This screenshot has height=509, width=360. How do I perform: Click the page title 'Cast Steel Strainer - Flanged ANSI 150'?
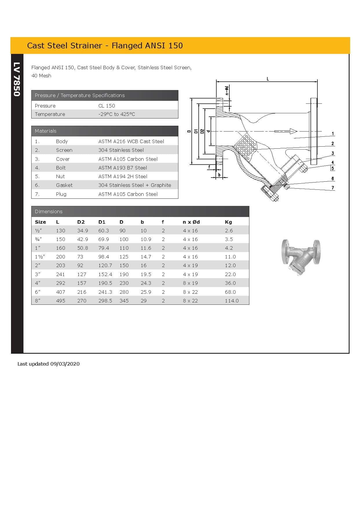pyautogui.click(x=105, y=46)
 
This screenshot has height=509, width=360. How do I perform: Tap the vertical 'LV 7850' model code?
pyautogui.click(x=17, y=79)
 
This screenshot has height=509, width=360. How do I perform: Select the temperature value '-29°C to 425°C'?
pyautogui.click(x=116, y=114)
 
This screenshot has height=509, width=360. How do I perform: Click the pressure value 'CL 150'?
pyautogui.click(x=107, y=106)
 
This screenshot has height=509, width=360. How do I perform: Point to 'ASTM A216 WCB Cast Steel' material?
pyautogui.click(x=131, y=141)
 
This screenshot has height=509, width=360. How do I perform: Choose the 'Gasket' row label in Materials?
pyautogui.click(x=64, y=185)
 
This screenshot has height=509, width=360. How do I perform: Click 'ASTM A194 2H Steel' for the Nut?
pyautogui.click(x=123, y=176)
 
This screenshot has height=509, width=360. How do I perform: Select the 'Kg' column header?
pyautogui.click(x=228, y=222)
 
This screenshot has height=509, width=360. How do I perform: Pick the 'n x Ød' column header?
pyautogui.click(x=191, y=222)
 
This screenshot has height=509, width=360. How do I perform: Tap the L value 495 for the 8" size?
pyautogui.click(x=61, y=301)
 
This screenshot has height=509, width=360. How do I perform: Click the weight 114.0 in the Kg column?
pyautogui.click(x=231, y=301)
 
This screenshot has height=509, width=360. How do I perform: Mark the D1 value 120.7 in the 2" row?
pyautogui.click(x=105, y=265)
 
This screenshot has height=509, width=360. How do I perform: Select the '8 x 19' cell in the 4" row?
pyautogui.click(x=190, y=283)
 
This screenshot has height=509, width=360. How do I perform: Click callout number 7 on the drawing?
pyautogui.click(x=333, y=188)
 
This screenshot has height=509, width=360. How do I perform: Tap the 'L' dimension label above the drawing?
pyautogui.click(x=268, y=79)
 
